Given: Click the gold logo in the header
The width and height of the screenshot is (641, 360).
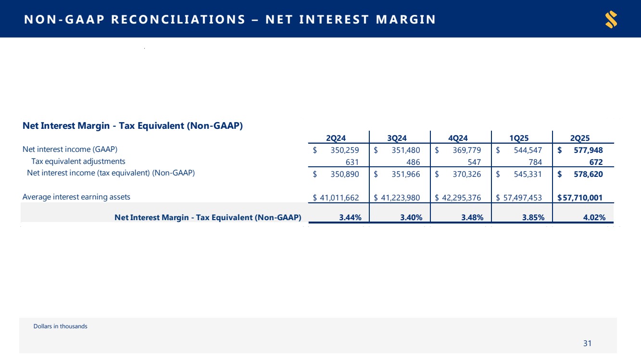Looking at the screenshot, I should tap(611, 20).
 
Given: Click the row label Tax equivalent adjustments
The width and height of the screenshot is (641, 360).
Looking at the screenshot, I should tap(78, 161).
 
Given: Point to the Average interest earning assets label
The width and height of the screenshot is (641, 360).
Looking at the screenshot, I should tap(76, 197).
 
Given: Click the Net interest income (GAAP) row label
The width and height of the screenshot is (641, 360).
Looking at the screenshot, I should tap(70, 149).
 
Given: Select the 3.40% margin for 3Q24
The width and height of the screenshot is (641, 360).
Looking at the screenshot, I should tap(411, 217).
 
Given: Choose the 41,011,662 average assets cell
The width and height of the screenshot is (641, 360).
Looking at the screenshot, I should tap(339, 197).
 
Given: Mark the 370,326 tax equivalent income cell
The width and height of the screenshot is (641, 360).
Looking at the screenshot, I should tap(465, 174).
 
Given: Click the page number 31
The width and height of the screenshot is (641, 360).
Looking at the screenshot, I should tap(587, 343).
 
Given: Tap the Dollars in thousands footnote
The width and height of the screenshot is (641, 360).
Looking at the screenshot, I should tap(61, 326).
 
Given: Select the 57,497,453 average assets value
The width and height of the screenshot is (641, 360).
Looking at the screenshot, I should tap(522, 197).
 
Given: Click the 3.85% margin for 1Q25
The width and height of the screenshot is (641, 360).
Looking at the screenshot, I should tap(533, 217).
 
